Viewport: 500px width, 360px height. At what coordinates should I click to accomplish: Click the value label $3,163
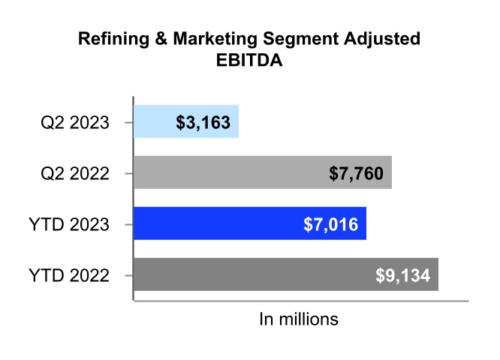tap(203, 121)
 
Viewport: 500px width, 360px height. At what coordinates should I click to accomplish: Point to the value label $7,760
tap(356, 173)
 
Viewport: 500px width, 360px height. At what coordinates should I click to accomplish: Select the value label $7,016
tap(330, 223)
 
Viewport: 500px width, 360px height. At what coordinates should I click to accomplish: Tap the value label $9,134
tap(402, 274)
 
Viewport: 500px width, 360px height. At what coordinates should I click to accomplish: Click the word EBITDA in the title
tap(249, 61)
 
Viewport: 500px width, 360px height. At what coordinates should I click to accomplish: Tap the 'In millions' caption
tap(299, 319)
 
